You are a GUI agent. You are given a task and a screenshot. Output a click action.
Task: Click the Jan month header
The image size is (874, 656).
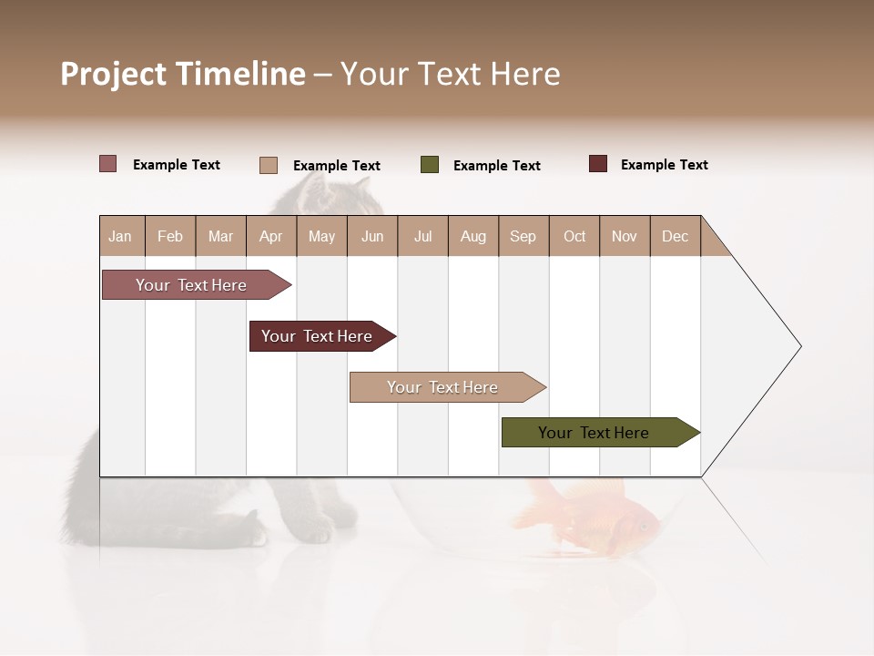click(120, 236)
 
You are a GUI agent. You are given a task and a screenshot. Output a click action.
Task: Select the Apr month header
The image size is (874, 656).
click(270, 236)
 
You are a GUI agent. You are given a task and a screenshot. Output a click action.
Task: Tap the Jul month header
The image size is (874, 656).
click(422, 236)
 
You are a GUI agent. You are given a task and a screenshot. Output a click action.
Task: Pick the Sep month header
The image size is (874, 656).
click(523, 236)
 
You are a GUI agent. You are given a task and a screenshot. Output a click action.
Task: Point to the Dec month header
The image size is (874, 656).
click(675, 236)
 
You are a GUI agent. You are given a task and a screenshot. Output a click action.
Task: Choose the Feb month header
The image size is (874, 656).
click(170, 236)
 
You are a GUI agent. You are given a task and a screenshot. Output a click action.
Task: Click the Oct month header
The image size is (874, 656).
click(574, 236)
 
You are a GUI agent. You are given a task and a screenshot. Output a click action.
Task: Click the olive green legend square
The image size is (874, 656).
click(430, 165)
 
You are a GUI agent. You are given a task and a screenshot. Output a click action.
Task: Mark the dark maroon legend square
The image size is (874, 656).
click(598, 164)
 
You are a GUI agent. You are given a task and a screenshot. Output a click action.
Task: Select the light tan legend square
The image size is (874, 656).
click(269, 165)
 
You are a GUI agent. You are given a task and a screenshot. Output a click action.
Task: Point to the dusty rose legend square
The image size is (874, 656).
click(108, 164)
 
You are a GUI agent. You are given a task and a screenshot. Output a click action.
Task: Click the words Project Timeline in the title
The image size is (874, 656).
click(183, 74)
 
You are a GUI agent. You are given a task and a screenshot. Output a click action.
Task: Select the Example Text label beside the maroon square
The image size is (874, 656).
click(664, 165)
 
